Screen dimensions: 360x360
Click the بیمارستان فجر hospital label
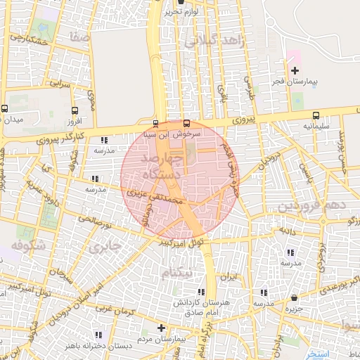(297, 82)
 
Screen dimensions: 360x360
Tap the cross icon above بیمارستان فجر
(295, 70)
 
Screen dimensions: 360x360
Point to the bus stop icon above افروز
(75, 110)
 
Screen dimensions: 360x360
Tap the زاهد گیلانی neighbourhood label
(212, 41)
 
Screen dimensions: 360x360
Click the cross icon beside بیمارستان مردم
(161, 328)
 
